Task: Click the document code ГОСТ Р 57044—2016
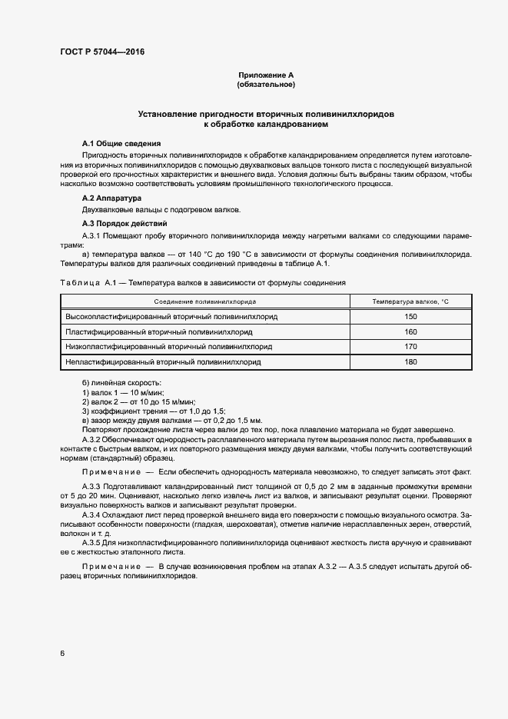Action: tap(102, 52)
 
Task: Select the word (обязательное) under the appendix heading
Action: tap(266, 85)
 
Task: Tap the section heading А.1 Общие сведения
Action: tap(121, 144)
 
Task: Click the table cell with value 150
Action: tap(410, 317)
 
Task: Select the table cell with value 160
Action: tap(410, 331)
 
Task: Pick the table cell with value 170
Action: tap(410, 346)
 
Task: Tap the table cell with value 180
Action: tap(410, 361)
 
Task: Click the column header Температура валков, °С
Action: tap(410, 302)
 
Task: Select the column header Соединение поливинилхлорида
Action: tap(204, 302)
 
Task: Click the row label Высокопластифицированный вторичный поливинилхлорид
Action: tap(171, 317)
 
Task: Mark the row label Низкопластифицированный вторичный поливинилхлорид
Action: tap(169, 346)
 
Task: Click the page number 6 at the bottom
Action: tap(62, 654)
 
